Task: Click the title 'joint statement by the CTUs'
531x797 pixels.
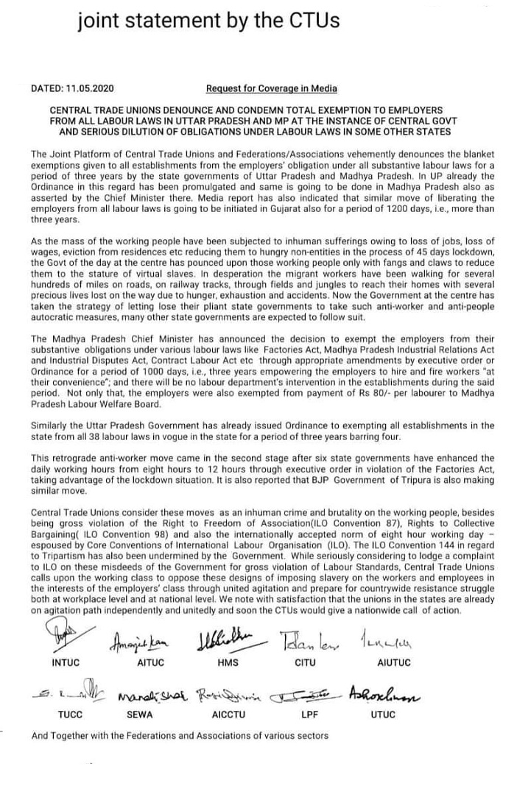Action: (x=208, y=21)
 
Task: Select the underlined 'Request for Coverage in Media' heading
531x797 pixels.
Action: (x=272, y=89)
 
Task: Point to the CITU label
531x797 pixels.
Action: (x=304, y=662)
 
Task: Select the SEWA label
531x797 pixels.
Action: (x=143, y=715)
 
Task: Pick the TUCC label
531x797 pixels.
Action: (x=71, y=715)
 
